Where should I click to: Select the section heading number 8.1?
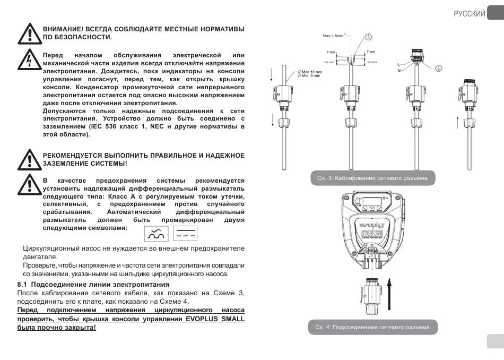tap(23, 285)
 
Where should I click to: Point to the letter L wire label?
tap(398, 64)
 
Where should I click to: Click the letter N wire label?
tap(398, 70)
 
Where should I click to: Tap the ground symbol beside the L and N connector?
tap(438, 68)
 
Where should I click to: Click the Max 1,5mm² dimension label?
tap(336, 36)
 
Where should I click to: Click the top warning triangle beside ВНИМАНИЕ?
tap(29, 33)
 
